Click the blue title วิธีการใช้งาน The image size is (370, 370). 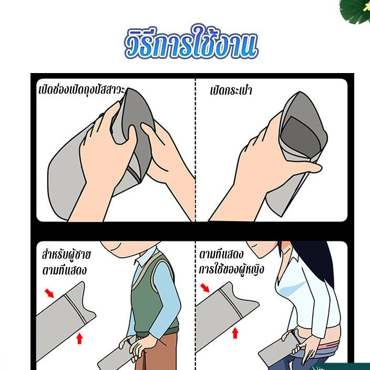(191, 43)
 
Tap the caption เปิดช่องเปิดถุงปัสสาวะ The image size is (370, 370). (81, 90)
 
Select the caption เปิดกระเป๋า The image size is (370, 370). (231, 90)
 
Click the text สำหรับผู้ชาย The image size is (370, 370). (66, 254)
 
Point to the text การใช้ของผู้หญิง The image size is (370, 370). (231, 269)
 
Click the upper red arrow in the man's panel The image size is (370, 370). (49, 293)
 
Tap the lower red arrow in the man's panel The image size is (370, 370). (80, 338)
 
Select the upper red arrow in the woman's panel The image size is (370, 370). (205, 288)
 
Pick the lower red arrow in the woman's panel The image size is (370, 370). (235, 333)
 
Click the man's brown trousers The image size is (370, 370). (163, 352)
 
